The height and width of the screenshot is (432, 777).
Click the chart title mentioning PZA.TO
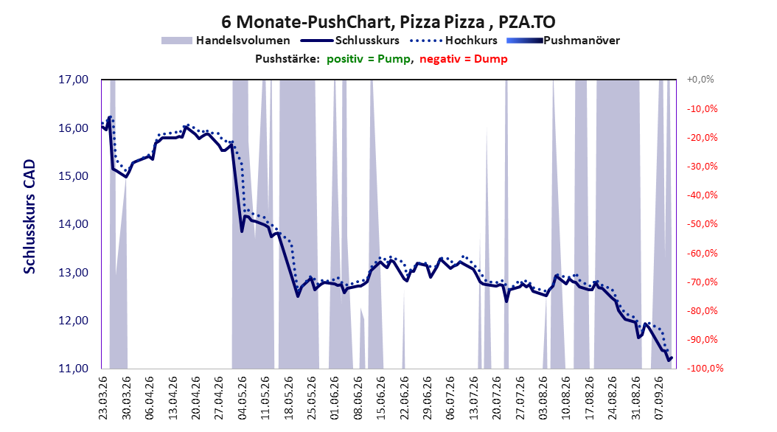pyautogui.click(x=388, y=22)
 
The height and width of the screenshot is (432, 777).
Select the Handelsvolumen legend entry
pyautogui.click(x=226, y=41)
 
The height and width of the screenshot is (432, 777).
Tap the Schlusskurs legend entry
pyautogui.click(x=350, y=41)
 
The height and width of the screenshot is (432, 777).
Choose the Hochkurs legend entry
pyautogui.click(x=453, y=41)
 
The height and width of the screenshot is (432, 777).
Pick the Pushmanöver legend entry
pyautogui.click(x=563, y=41)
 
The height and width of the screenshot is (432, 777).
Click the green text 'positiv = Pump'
pyautogui.click(x=369, y=59)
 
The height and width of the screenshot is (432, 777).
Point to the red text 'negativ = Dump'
pyautogui.click(x=464, y=59)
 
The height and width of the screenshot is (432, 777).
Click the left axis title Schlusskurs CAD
pyautogui.click(x=29, y=217)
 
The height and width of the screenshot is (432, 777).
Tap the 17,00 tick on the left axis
pyautogui.click(x=73, y=80)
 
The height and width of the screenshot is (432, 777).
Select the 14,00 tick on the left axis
pyautogui.click(x=73, y=224)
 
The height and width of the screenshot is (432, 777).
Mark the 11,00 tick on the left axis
pyautogui.click(x=73, y=369)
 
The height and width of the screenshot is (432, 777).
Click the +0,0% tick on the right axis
pyautogui.click(x=700, y=80)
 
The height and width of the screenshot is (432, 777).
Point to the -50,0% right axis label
pyautogui.click(x=702, y=224)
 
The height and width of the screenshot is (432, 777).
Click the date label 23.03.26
pyautogui.click(x=103, y=398)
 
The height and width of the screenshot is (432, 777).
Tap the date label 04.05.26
pyautogui.click(x=242, y=398)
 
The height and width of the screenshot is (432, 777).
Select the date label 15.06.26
pyautogui.click(x=380, y=398)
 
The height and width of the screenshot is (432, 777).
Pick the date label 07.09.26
pyautogui.click(x=658, y=398)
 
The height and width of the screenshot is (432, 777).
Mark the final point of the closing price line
pyautogui.click(x=672, y=358)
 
